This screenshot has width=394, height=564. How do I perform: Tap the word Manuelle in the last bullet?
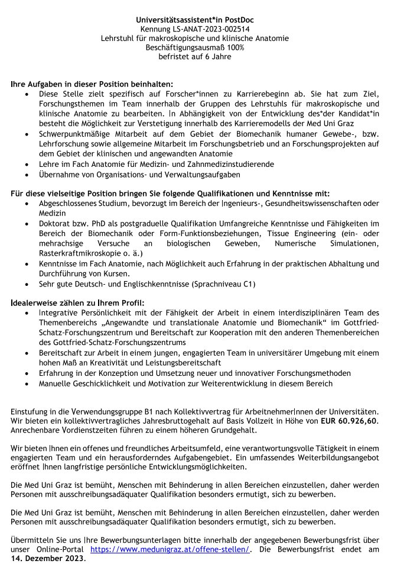point(56,383)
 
